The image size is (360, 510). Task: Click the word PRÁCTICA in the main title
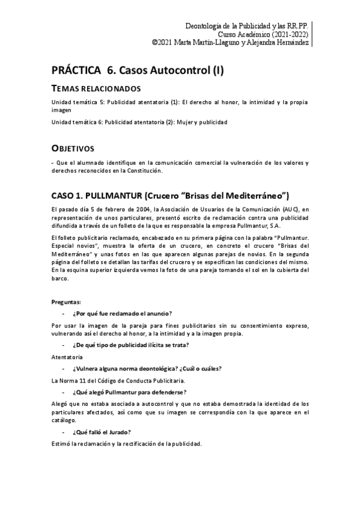coord(76,71)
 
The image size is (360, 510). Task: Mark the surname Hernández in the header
coord(290,43)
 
